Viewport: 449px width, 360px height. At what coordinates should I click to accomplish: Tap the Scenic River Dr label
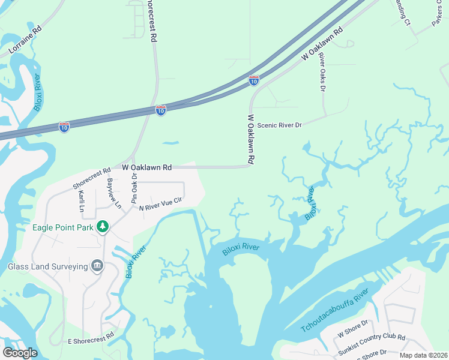pyautogui.click(x=279, y=125)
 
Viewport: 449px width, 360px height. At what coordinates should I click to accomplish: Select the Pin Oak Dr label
pyautogui.click(x=134, y=188)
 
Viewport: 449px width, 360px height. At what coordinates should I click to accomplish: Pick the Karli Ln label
pyautogui.click(x=82, y=200)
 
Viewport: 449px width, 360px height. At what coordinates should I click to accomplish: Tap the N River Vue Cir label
pyautogui.click(x=160, y=204)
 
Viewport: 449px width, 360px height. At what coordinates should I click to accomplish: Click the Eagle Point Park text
pyautogui.click(x=62, y=227)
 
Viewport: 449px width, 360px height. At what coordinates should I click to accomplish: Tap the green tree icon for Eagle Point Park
pyautogui.click(x=103, y=226)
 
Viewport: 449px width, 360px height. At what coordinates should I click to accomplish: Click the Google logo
pyautogui.click(x=20, y=353)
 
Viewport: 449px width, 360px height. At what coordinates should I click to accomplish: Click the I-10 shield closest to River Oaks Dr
pyautogui.click(x=254, y=80)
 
